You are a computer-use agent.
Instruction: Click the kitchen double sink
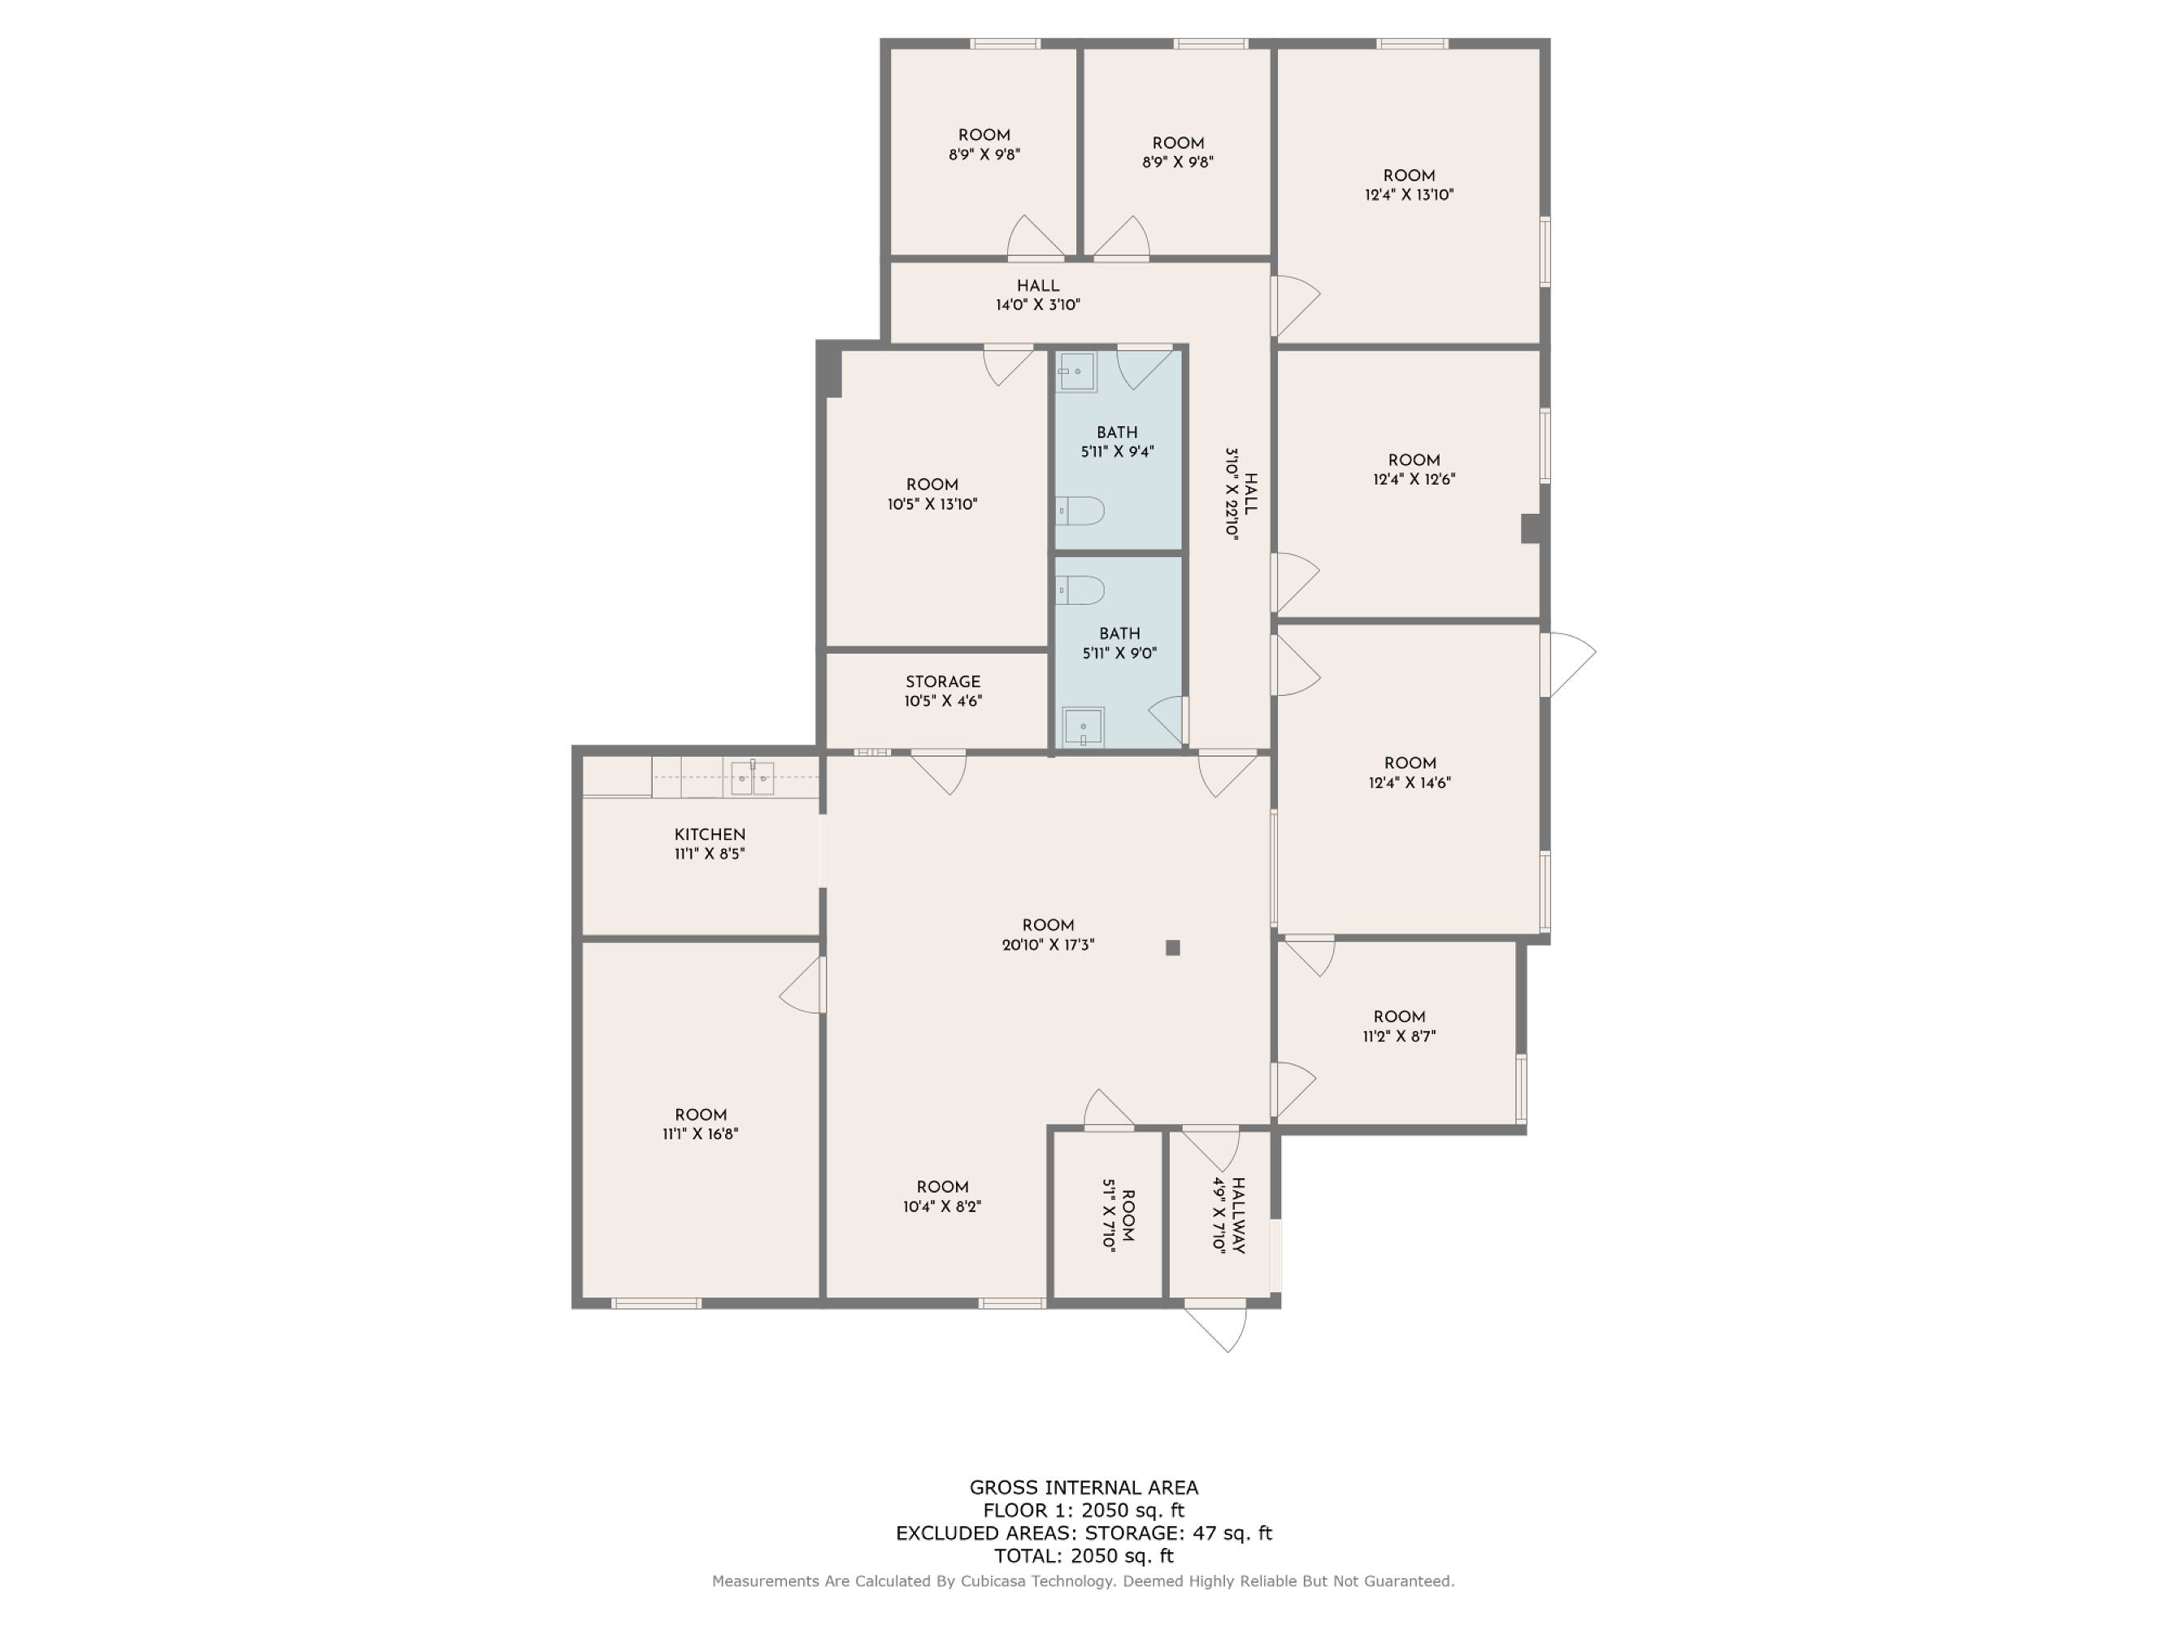pos(752,778)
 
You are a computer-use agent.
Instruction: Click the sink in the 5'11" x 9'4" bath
pos(1076,372)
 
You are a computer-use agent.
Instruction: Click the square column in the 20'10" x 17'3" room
pos(1172,947)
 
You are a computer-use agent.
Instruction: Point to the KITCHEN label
pos(710,834)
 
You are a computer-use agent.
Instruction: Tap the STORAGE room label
pos(943,681)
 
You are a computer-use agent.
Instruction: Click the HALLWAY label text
pos(1238,1215)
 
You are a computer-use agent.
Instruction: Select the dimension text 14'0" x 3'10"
pos(1038,305)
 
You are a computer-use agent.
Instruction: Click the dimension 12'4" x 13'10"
pos(1410,195)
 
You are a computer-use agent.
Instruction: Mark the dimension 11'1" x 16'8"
pos(700,1134)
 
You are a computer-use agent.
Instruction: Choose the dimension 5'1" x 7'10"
pos(1109,1215)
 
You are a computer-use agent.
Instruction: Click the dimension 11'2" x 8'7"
pos(1399,1036)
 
